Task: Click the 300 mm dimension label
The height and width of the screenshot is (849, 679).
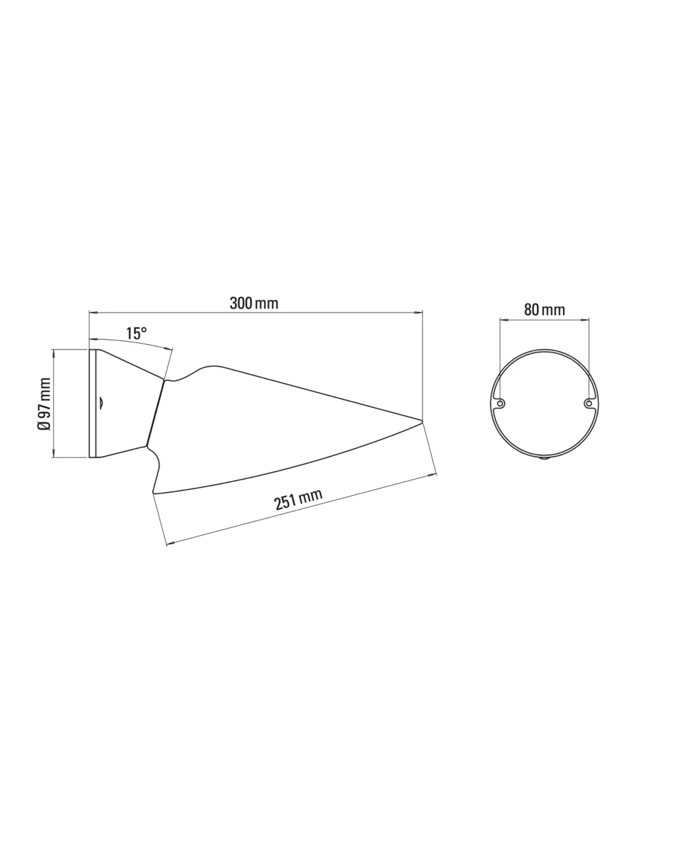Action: point(254,304)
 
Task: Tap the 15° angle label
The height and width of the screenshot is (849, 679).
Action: point(136,333)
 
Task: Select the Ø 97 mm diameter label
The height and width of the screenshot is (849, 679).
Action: point(44,404)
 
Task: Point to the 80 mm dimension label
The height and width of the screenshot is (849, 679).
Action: point(544,310)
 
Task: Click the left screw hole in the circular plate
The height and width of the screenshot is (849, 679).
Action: point(500,403)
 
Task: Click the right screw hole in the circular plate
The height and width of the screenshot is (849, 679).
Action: point(588,403)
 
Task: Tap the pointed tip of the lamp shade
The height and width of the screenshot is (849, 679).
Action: point(422,420)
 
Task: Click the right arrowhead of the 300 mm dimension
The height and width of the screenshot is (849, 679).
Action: point(420,312)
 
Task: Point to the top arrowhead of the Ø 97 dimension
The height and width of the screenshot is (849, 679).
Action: point(53,352)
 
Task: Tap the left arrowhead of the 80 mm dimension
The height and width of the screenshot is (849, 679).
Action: point(502,319)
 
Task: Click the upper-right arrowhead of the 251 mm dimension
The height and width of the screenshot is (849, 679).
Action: point(433,474)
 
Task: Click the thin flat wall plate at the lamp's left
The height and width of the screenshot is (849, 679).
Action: point(93,403)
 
